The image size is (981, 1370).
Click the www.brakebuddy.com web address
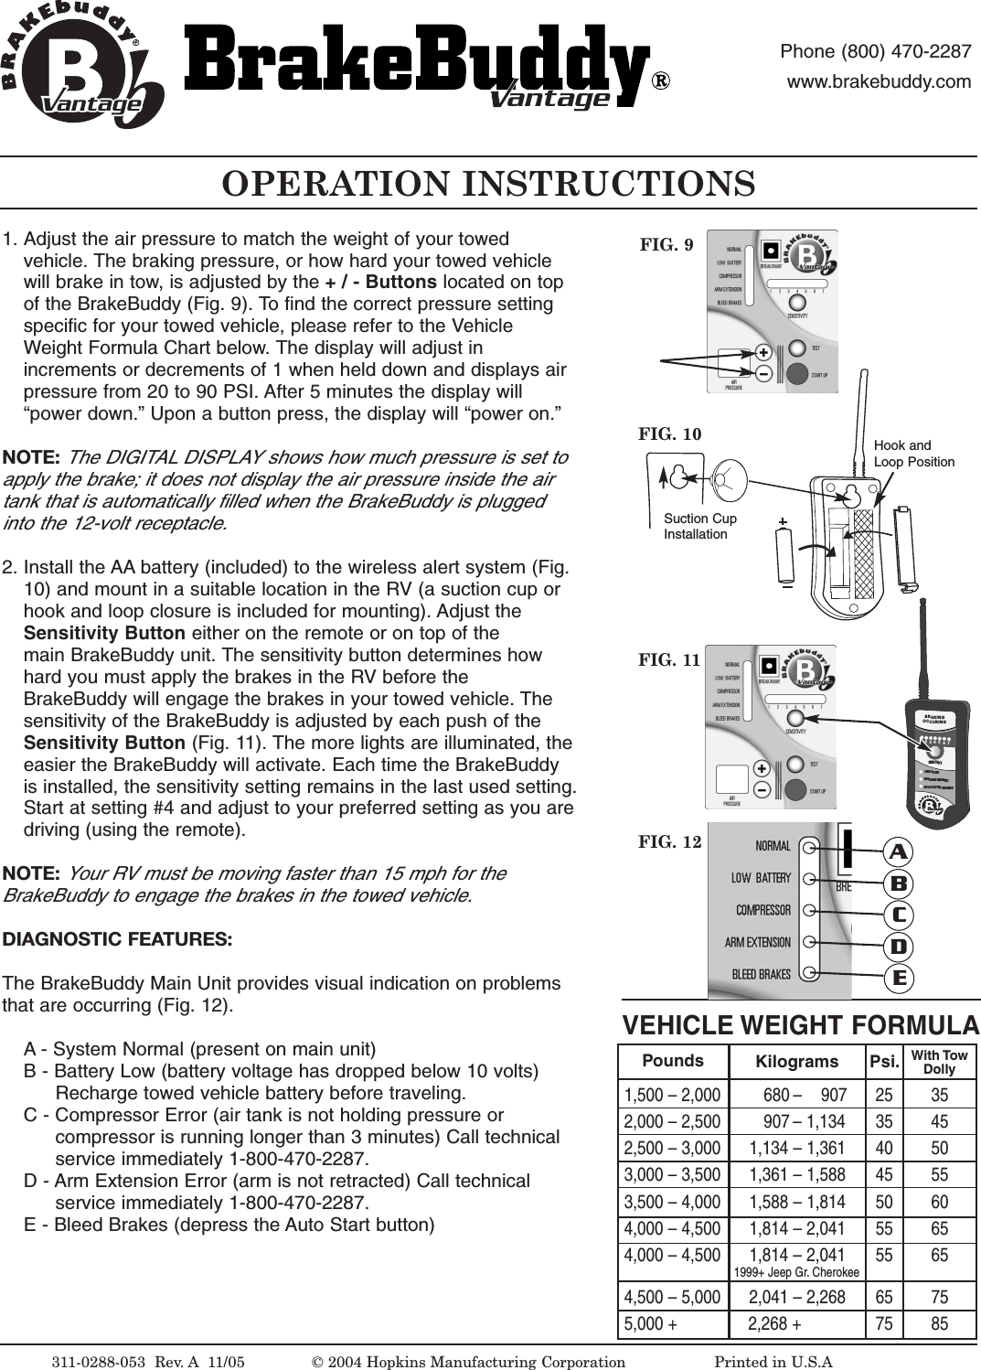[879, 81]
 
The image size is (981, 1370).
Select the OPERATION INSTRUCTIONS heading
[489, 184]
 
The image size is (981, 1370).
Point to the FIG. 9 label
[666, 244]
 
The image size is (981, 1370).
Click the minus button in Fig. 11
[762, 789]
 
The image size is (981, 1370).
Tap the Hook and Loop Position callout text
[913, 454]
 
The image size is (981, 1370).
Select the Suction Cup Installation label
[699, 526]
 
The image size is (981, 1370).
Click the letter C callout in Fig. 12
[899, 915]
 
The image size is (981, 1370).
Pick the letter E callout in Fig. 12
[899, 979]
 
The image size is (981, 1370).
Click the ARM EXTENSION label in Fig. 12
[757, 942]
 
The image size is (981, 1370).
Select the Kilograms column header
[796, 1062]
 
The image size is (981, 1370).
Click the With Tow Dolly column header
[939, 1062]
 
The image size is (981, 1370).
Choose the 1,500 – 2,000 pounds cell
[672, 1095]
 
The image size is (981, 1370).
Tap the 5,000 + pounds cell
[651, 1323]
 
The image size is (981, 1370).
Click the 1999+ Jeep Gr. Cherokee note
[796, 1272]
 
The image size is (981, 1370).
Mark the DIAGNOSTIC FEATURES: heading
[117, 939]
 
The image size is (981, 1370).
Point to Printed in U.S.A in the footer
[773, 1362]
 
